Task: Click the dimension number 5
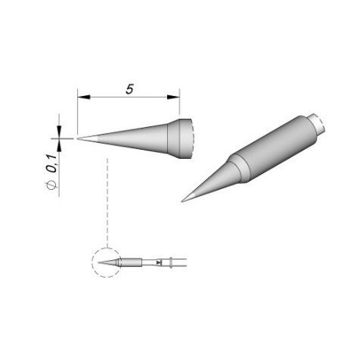130,88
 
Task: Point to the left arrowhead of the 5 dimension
81,97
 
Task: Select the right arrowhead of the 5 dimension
176,97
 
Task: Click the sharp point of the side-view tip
79,138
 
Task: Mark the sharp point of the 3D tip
184,200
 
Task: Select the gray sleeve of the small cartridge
131,262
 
